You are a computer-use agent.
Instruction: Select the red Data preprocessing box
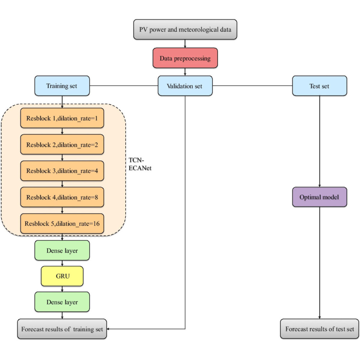point(185,58)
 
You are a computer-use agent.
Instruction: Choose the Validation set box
point(185,86)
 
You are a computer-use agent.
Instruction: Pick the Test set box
point(319,86)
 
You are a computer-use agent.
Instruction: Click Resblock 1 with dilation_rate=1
point(62,118)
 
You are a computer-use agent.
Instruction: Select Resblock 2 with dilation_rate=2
point(62,144)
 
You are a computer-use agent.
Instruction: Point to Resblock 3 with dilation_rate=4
point(62,171)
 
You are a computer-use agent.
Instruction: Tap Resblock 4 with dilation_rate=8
point(62,197)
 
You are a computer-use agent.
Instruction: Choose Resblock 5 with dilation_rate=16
point(62,223)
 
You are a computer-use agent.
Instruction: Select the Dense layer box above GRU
point(62,251)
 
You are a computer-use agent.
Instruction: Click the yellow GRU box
point(62,276)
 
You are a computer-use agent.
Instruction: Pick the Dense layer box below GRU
point(62,302)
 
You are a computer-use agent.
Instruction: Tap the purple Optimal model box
point(319,197)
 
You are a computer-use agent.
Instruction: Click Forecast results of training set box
point(62,329)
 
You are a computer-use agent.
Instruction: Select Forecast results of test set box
point(319,329)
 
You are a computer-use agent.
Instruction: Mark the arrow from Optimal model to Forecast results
point(319,263)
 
